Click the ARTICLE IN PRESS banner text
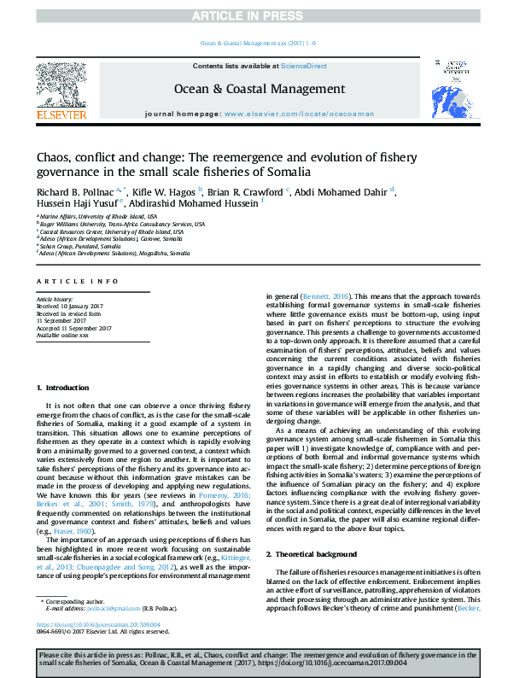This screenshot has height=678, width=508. pos(254,15)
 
